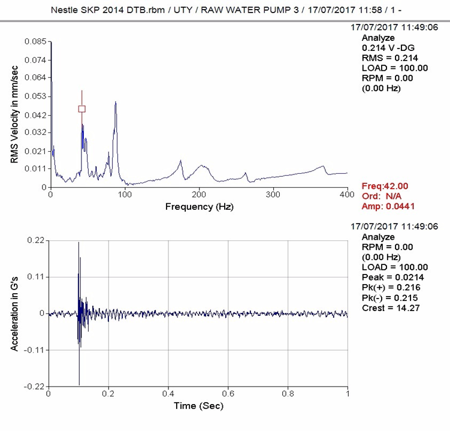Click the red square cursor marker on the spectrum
pyautogui.click(x=82, y=108)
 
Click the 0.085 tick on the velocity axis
pyautogui.click(x=35, y=41)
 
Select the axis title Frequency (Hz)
pyautogui.click(x=199, y=207)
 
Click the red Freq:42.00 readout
pyautogui.click(x=385, y=186)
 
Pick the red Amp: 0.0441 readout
pyautogui.click(x=389, y=206)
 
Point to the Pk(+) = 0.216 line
pyautogui.click(x=390, y=287)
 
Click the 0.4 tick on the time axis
pyautogui.click(x=168, y=394)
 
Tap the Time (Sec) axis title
pyautogui.click(x=198, y=406)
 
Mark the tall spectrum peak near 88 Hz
pyautogui.click(x=116, y=103)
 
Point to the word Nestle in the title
pyautogui.click(x=65, y=10)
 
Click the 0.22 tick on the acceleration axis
pyautogui.click(x=36, y=240)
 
